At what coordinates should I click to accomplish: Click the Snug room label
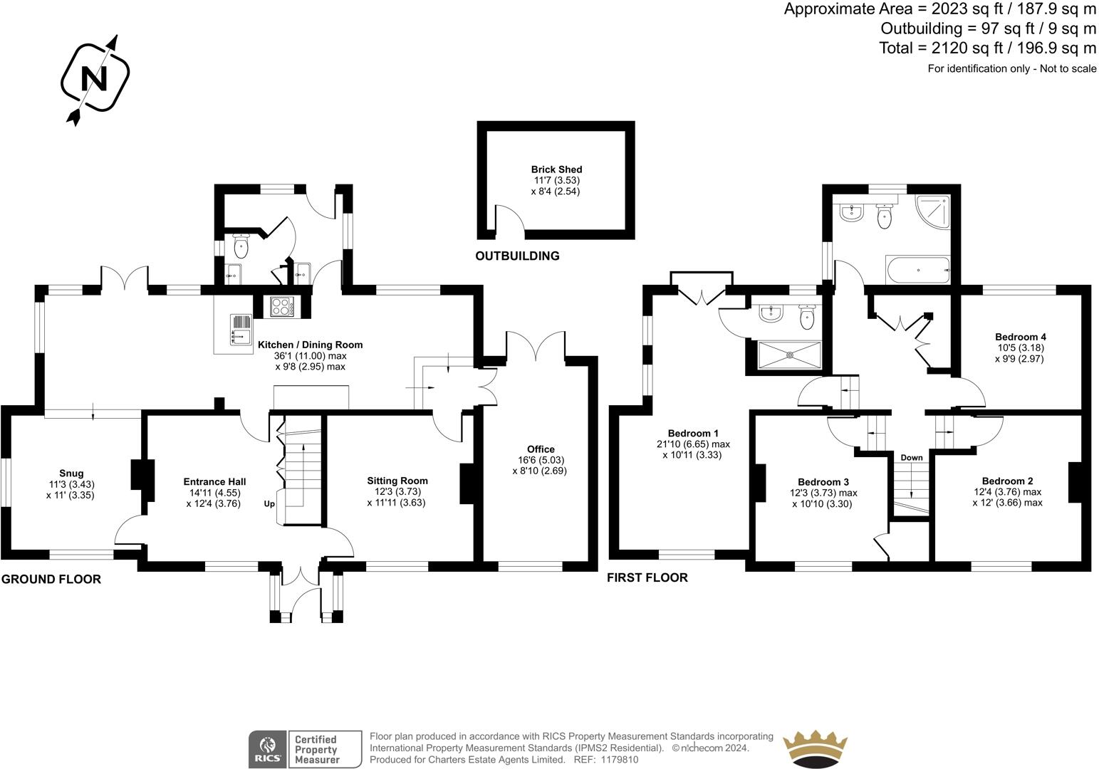(71, 474)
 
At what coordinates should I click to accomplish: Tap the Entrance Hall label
(214, 482)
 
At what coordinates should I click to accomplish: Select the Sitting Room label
(397, 481)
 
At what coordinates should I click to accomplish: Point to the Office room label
(541, 449)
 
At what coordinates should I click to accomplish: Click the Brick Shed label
(556, 169)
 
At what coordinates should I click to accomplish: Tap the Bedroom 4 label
(1020, 337)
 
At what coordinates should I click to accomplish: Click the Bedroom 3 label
(823, 482)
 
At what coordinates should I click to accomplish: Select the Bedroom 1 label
(692, 434)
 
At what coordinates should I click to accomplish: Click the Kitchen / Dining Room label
(310, 345)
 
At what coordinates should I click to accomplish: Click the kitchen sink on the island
(240, 330)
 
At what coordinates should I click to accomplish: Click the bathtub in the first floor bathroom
(917, 270)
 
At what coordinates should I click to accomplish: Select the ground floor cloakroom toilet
(241, 247)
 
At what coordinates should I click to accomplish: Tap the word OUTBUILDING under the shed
(517, 256)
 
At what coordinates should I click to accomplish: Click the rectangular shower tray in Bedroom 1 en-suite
(789, 355)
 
